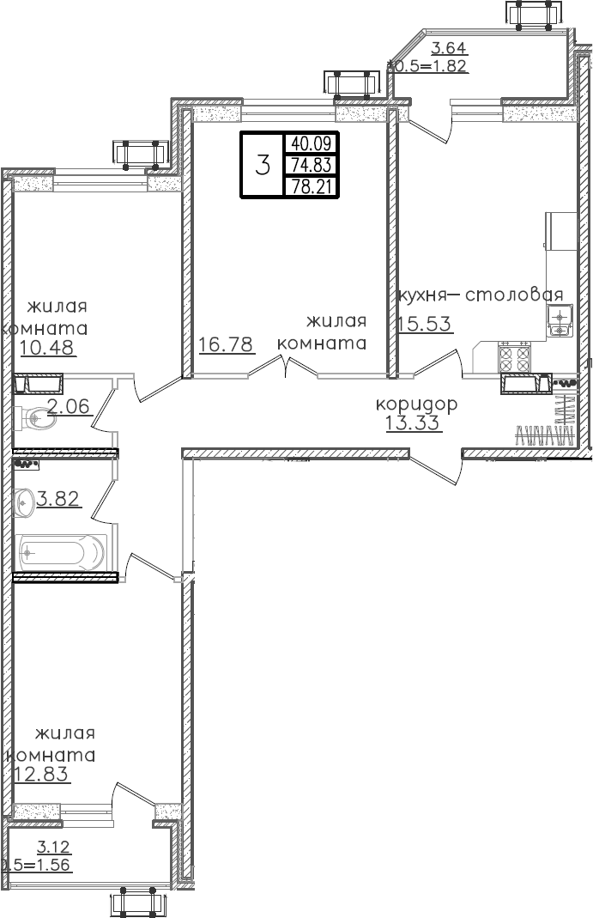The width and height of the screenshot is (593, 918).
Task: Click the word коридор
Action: click(416, 404)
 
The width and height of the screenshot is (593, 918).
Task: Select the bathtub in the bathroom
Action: click(61, 552)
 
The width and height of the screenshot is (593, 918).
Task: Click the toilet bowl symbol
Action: click(34, 418)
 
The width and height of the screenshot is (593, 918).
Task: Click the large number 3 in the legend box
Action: click(263, 165)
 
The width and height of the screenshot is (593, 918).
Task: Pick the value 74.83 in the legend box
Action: click(311, 165)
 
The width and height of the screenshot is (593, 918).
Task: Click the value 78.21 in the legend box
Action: click(311, 186)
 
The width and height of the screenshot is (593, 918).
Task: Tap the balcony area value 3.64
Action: click(449, 49)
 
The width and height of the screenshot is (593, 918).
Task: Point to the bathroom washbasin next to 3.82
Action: click(23, 499)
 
